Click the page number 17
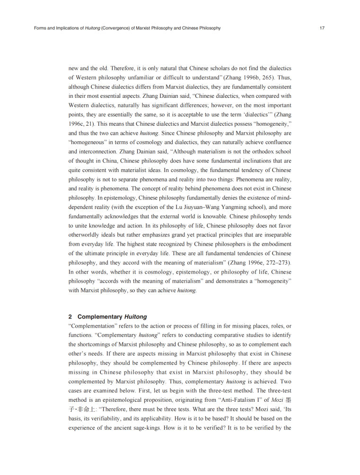[x=322, y=28]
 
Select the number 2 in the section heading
[x=70, y=316]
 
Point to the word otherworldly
[x=88, y=234]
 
